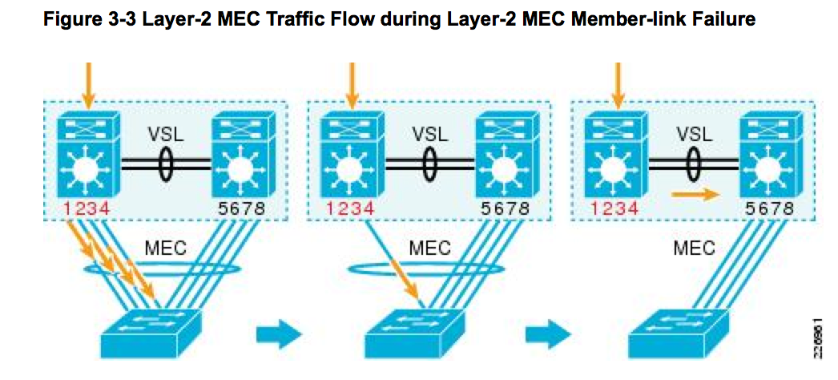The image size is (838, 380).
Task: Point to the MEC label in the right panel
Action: point(693,248)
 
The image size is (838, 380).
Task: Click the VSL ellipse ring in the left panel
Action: point(165,164)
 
